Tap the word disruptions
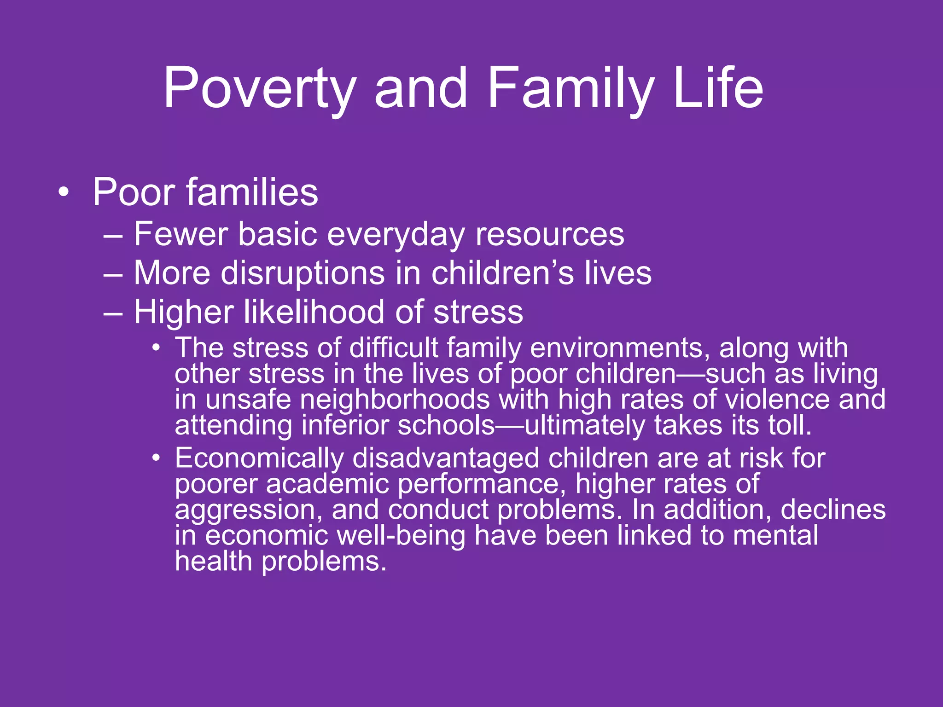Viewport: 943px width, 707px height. click(x=302, y=274)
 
